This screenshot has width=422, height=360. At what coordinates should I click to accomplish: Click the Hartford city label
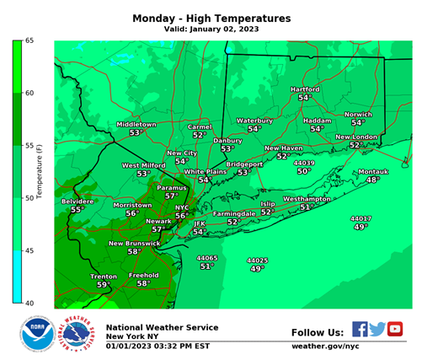(x=305, y=89)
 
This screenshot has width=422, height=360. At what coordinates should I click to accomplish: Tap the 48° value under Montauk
(x=372, y=180)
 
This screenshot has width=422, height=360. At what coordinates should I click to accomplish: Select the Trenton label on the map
(x=104, y=276)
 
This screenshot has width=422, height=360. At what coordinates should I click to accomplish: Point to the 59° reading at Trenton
(x=103, y=285)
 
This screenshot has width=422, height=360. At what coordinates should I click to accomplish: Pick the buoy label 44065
(x=206, y=258)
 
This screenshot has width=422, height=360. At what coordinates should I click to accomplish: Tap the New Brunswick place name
(x=134, y=243)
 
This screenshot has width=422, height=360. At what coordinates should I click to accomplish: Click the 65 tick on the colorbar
(x=28, y=40)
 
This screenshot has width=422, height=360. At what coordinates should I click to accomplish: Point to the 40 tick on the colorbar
(x=28, y=303)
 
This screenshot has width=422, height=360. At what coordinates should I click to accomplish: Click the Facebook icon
(x=360, y=329)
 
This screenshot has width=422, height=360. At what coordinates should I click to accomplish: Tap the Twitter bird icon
(x=377, y=329)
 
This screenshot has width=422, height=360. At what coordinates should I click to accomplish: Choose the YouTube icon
(x=394, y=329)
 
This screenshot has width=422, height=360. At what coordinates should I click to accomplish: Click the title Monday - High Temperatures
(x=211, y=18)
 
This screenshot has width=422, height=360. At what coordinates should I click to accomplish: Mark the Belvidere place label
(x=76, y=201)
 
